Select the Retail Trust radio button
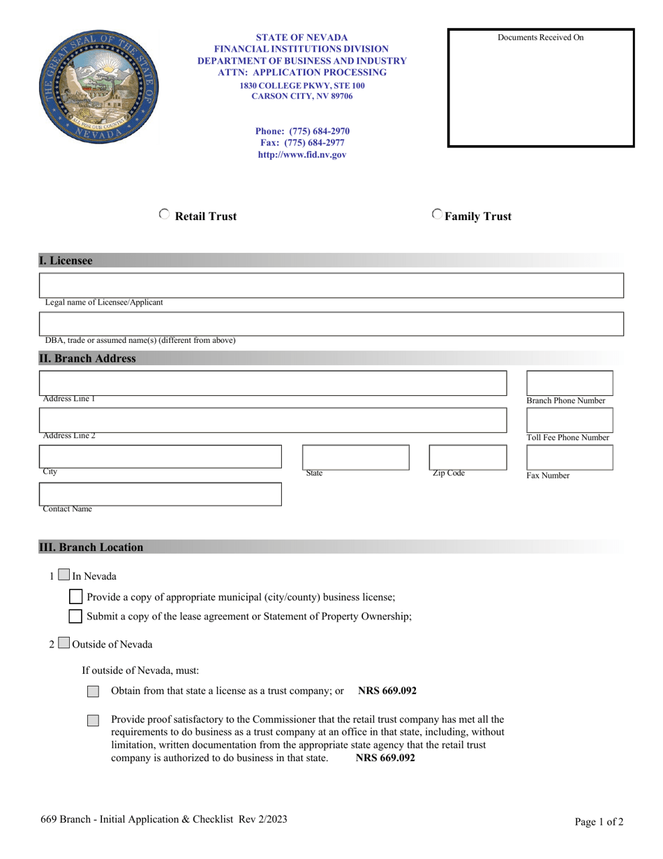(164, 215)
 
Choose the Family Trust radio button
(437, 215)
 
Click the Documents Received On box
(541, 89)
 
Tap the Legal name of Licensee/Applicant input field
(331, 286)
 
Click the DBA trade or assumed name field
(331, 324)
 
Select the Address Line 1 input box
(273, 383)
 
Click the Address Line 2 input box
(273, 420)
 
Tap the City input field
(161, 456)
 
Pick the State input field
(355, 457)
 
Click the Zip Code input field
(468, 457)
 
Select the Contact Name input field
(161, 493)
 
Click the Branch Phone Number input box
(569, 383)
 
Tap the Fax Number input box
(569, 457)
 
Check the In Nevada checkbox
(64, 576)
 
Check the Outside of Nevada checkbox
(64, 643)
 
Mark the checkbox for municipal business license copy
(76, 597)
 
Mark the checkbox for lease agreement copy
(76, 617)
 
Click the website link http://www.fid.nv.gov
(302, 155)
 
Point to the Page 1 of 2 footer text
(599, 822)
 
